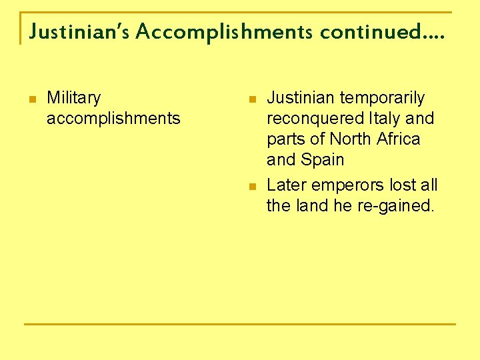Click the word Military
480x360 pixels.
73,98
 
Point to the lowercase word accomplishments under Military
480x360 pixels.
113,119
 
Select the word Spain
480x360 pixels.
323,160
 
